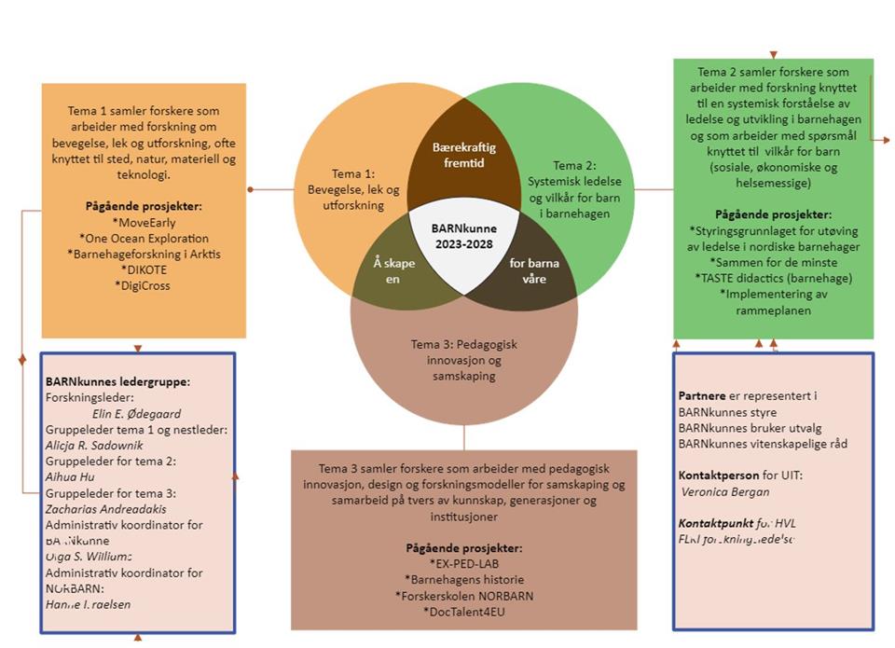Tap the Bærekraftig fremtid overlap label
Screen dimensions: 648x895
coord(464,154)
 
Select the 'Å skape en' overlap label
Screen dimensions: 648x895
coord(392,270)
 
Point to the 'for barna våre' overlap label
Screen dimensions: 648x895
coord(535,270)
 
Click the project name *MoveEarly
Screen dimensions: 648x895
coord(143,223)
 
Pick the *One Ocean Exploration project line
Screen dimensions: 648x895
coord(144,238)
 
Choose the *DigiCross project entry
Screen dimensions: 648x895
coord(144,285)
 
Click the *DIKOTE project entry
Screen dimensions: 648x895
coord(144,269)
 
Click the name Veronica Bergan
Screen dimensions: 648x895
coord(724,491)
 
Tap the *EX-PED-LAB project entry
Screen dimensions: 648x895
coord(464,564)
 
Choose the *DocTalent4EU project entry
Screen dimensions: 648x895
coord(464,612)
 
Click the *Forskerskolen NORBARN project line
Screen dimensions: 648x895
coord(464,596)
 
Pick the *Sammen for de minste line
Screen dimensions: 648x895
coord(773,262)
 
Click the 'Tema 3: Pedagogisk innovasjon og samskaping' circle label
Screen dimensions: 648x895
coord(464,360)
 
